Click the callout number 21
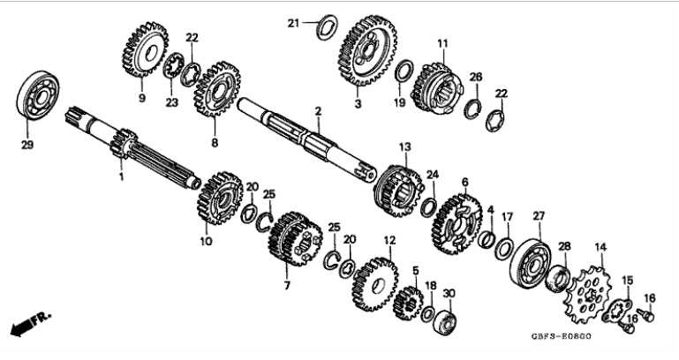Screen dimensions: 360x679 coord(293,23)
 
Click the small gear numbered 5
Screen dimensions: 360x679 coord(408,299)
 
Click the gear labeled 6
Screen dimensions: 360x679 coord(454,220)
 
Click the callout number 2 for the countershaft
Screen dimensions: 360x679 coord(318,111)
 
